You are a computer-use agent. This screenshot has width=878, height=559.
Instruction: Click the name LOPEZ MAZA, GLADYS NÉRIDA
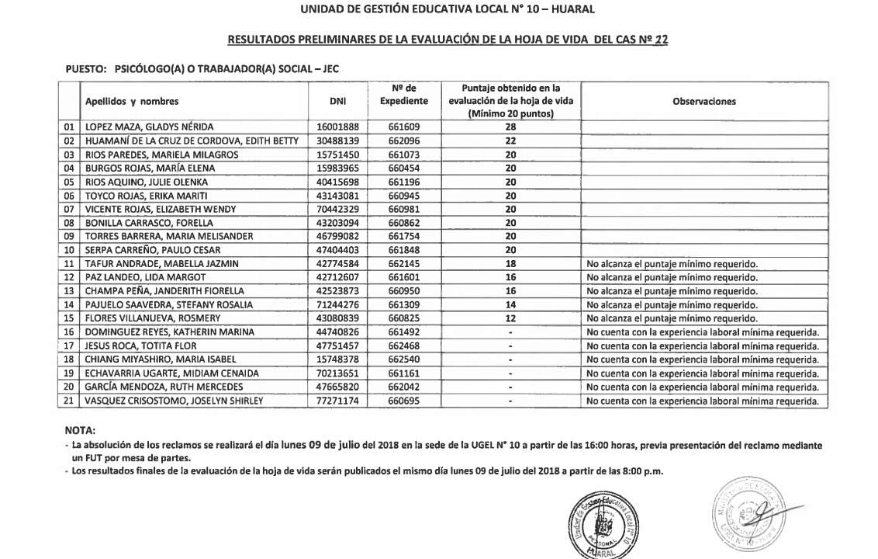148,127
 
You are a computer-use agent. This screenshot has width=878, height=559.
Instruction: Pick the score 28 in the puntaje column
510,127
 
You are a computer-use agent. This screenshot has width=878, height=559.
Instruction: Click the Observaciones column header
704,101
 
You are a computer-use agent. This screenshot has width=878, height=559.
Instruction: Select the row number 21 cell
70,401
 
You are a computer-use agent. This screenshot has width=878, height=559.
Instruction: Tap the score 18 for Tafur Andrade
510,264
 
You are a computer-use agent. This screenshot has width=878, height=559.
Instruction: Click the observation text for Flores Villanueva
672,318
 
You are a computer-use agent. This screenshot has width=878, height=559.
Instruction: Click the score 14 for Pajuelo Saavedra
510,305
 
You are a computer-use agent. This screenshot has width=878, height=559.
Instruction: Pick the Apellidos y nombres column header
132,101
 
